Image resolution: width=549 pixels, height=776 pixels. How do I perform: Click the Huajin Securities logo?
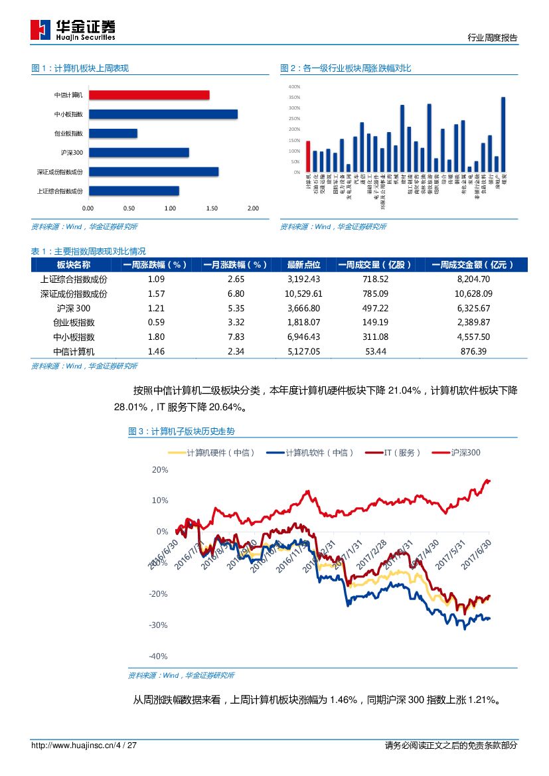click(x=73, y=29)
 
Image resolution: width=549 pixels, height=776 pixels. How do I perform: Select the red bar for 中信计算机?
click(x=149, y=95)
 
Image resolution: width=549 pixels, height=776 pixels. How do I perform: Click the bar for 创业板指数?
click(x=113, y=133)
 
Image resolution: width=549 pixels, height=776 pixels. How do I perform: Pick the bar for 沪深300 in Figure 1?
click(x=139, y=153)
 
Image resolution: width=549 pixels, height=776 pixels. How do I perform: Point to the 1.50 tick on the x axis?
click(x=212, y=208)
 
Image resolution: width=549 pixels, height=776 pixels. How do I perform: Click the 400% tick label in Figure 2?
click(x=294, y=87)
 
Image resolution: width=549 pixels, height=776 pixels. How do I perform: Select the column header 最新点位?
click(x=303, y=265)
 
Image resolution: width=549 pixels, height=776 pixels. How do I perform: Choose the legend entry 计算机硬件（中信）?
click(x=212, y=453)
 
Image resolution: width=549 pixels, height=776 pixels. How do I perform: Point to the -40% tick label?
click(x=159, y=657)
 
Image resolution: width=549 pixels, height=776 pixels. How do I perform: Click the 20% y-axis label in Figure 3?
click(x=160, y=469)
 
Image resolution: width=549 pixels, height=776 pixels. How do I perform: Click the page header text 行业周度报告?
click(x=493, y=38)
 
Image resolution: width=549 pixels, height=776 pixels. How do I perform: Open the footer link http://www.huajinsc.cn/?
click(x=74, y=745)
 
